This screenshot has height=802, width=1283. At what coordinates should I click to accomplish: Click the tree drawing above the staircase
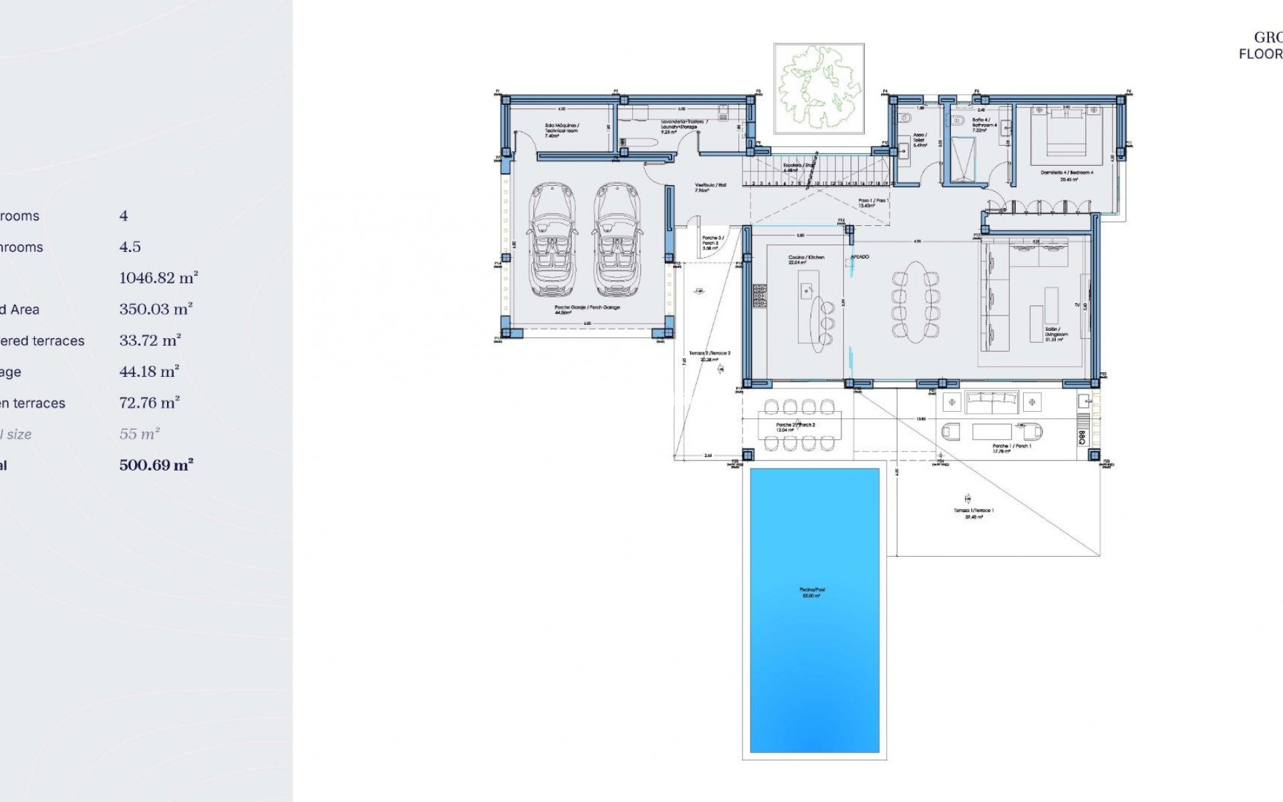click(x=818, y=88)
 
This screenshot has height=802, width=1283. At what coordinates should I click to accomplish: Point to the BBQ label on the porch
click(x=1081, y=436)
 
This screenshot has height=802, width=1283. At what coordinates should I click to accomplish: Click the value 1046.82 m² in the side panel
click(x=159, y=278)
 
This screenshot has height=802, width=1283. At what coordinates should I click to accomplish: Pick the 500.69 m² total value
click(x=156, y=465)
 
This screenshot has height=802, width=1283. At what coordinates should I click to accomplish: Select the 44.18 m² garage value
click(x=150, y=372)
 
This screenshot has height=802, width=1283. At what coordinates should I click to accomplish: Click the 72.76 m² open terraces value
click(x=150, y=403)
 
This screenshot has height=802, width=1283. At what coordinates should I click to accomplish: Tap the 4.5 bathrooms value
click(x=130, y=247)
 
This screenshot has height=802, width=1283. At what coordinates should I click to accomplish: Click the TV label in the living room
click(x=1077, y=305)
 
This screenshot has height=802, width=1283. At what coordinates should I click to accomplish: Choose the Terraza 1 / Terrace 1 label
click(x=974, y=511)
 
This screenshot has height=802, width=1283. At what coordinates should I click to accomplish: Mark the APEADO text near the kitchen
click(x=859, y=257)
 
